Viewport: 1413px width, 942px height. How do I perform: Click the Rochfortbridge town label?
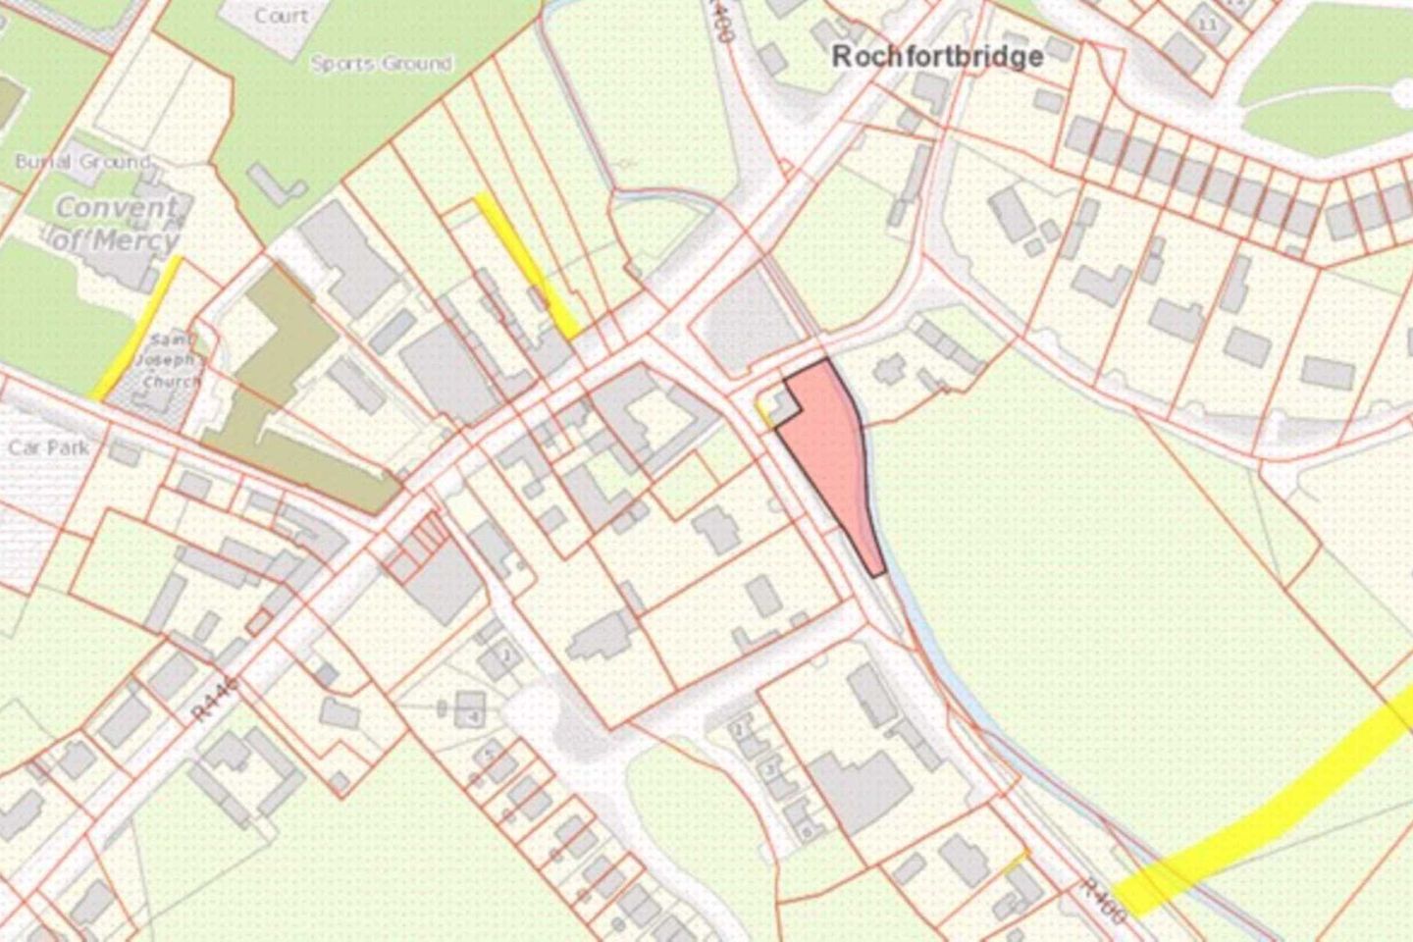tap(937, 56)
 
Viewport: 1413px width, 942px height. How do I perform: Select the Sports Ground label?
tap(381, 64)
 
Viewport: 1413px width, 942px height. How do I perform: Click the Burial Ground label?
tap(82, 161)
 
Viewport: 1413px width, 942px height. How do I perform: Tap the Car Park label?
tap(48, 447)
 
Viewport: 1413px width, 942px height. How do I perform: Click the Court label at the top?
tap(281, 16)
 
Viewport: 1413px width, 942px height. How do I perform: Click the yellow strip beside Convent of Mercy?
tap(138, 329)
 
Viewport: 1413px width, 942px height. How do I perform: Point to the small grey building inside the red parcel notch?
tap(782, 404)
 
